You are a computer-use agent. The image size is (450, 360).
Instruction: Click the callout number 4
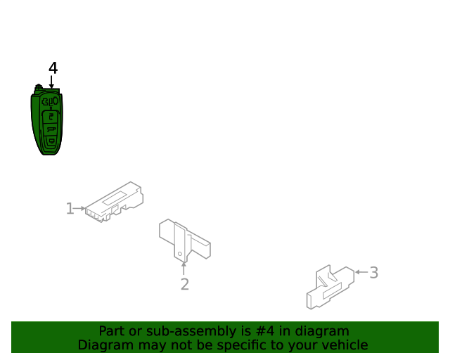pyautogui.click(x=53, y=68)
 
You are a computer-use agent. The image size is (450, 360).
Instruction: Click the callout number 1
pyautogui.click(x=70, y=208)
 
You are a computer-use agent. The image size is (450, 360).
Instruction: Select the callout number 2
pyautogui.click(x=185, y=284)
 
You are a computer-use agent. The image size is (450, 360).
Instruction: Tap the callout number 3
pyautogui.click(x=373, y=272)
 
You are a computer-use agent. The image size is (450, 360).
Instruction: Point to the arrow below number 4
pyautogui.click(x=51, y=82)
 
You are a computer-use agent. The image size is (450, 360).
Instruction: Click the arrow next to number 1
pyautogui.click(x=79, y=208)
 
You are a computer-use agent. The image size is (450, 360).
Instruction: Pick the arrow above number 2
pyautogui.click(x=184, y=269)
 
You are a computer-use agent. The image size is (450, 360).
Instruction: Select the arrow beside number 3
pyautogui.click(x=361, y=272)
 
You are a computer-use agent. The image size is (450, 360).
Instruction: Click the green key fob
pyautogui.click(x=47, y=120)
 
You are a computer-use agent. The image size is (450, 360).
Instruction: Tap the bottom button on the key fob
pyautogui.click(x=51, y=141)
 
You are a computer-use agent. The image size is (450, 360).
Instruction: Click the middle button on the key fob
pyautogui.click(x=51, y=129)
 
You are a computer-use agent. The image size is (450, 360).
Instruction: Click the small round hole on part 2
pyautogui.click(x=180, y=254)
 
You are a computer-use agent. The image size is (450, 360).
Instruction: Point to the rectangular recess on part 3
pyautogui.click(x=333, y=291)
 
